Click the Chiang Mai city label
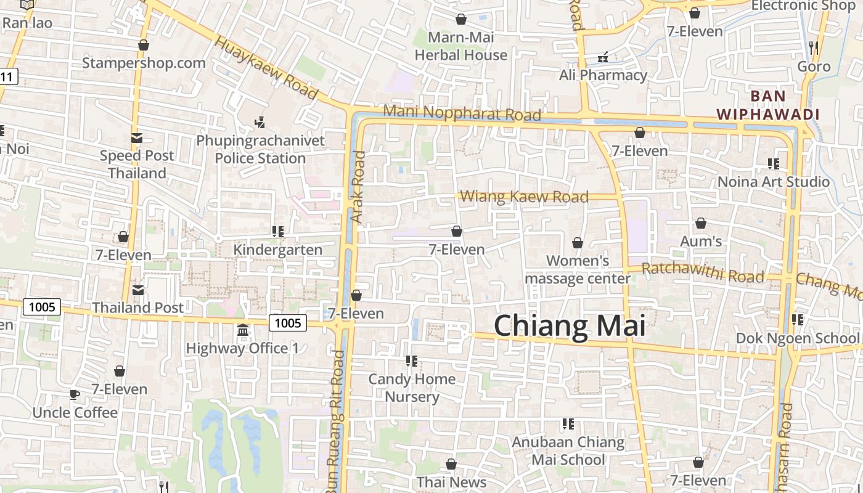click(570, 325)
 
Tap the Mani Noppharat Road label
click(462, 113)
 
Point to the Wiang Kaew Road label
click(524, 197)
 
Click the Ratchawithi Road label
click(703, 272)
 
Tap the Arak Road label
click(358, 187)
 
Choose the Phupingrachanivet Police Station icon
click(260, 122)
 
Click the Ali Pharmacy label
click(603, 75)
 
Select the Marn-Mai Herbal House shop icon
click(460, 19)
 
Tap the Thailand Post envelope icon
click(137, 290)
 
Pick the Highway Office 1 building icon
click(242, 331)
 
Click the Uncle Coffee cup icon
click(75, 394)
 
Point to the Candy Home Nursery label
click(412, 388)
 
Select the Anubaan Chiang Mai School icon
click(568, 424)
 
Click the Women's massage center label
click(578, 270)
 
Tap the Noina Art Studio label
click(774, 182)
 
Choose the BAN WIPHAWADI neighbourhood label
click(767, 105)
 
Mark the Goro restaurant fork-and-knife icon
click(814, 47)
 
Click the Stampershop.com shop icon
click(144, 46)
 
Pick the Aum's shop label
click(701, 242)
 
